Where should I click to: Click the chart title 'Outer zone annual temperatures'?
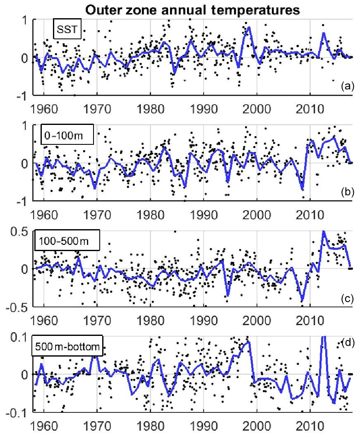pos(192,9)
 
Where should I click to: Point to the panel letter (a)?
pos(346,86)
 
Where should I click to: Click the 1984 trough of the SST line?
pos(174,74)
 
